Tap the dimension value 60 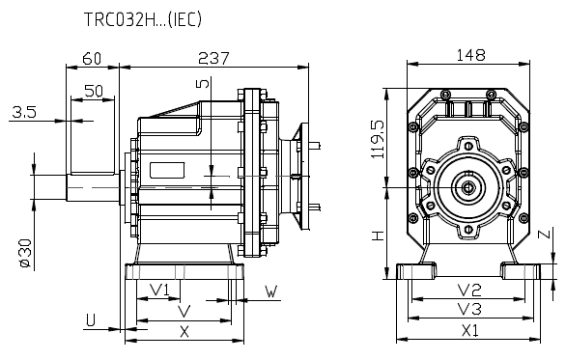pyautogui.click(x=92, y=58)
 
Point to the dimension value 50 pyautogui.click(x=94, y=90)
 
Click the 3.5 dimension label pyautogui.click(x=24, y=113)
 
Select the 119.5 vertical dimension pyautogui.click(x=379, y=138)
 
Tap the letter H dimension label pyautogui.click(x=379, y=235)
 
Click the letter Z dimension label pyautogui.click(x=546, y=235)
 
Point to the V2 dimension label pyautogui.click(x=469, y=290)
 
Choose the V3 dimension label pyautogui.click(x=469, y=309)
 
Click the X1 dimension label pyautogui.click(x=469, y=330)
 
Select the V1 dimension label pyautogui.click(x=160, y=290)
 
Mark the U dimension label pyautogui.click(x=90, y=318)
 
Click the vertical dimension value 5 pyautogui.click(x=202, y=84)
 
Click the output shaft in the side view pyautogui.click(x=92, y=186)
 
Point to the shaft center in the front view pyautogui.click(x=468, y=186)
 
